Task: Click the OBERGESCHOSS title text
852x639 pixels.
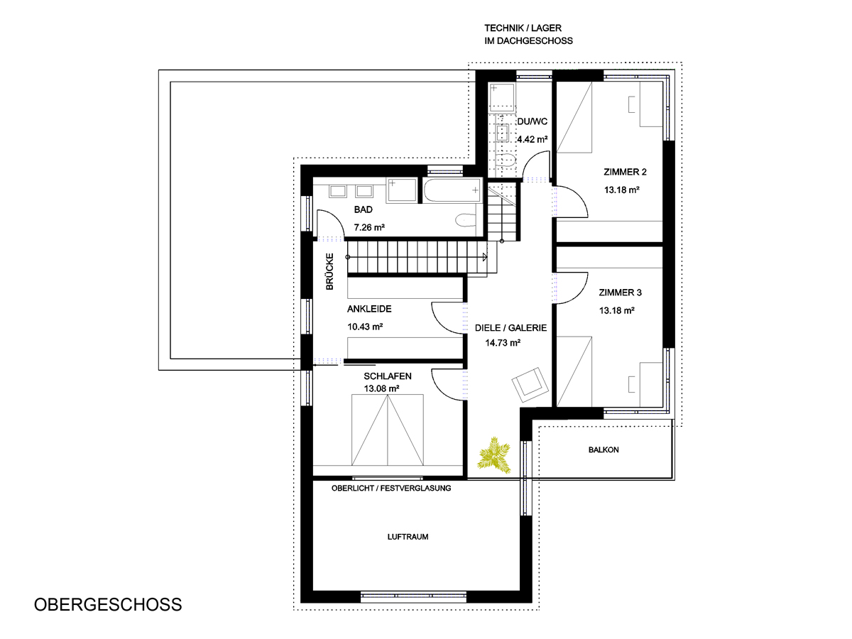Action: pos(108,605)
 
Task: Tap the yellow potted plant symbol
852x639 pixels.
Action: pos(493,455)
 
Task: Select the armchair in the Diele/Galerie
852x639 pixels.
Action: pos(530,385)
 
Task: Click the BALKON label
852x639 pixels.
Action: pos(603,449)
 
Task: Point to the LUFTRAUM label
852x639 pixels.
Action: pos(408,537)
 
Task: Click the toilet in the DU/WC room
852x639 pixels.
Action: pos(506,160)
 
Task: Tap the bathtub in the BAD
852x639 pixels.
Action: pos(452,190)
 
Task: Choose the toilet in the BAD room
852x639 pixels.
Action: pos(465,220)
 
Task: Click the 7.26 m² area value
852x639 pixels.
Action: pos(369,227)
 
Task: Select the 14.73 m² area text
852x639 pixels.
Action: pos(503,343)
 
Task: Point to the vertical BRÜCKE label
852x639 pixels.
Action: pos(329,272)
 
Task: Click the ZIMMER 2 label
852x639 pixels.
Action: pos(625,172)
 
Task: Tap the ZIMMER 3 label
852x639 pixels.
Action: pos(621,293)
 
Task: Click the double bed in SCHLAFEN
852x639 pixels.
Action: pos(388,430)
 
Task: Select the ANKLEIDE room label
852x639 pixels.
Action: pos(369,309)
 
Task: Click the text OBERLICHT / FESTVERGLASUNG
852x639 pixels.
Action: pos(391,488)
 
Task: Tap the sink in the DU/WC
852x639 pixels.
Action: pos(502,133)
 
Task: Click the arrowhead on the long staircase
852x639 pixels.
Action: pos(484,257)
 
